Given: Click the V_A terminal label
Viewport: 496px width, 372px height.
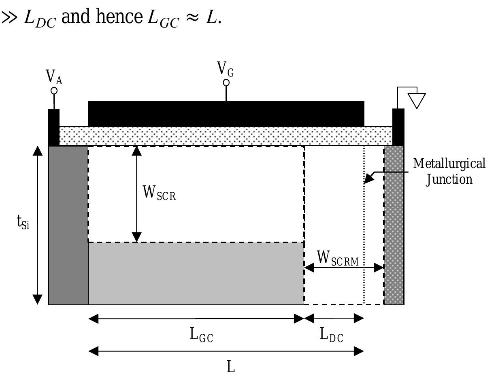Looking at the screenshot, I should [54, 77].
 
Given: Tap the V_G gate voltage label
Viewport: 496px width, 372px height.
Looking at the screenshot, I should [226, 68].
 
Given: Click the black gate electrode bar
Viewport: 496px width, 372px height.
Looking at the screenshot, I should [226, 113].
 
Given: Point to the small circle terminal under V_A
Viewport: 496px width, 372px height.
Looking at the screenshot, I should [54, 90].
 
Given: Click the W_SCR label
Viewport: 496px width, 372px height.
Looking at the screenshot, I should [160, 193].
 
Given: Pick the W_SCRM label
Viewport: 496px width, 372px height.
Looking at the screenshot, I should [337, 258].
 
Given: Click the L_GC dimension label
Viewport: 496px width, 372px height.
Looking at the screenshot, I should [201, 335].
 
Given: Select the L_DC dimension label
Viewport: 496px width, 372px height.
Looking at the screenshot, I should [332, 335].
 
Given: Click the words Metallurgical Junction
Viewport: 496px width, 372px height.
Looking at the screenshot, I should [449, 171].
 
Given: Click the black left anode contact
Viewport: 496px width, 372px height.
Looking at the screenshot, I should [53, 127].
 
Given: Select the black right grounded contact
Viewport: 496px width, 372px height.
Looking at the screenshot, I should [398, 127].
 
